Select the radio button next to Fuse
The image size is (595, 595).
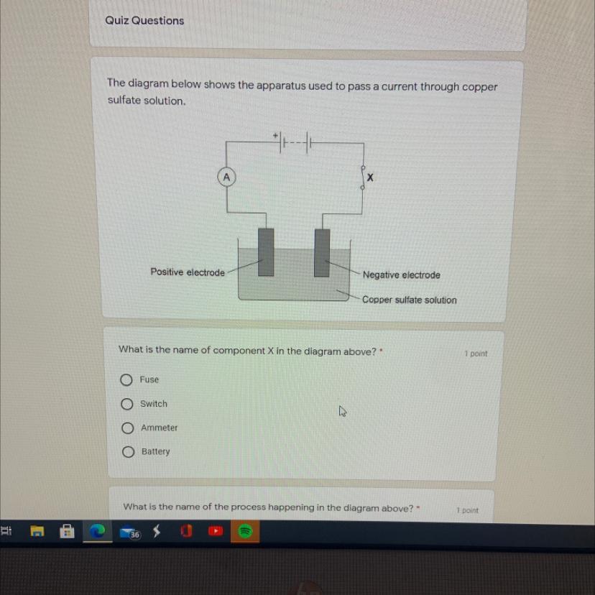[x=126, y=379]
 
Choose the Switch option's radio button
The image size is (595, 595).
[x=127, y=404]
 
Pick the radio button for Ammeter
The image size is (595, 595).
[x=127, y=428]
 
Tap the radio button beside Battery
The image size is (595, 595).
[x=128, y=451]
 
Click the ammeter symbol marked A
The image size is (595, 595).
[x=226, y=177]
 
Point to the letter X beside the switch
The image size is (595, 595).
[x=370, y=177]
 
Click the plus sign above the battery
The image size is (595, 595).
[x=275, y=135]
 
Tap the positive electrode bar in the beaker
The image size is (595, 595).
[x=266, y=252]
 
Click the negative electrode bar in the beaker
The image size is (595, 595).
[x=322, y=253]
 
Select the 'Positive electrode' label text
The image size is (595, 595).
[x=188, y=272]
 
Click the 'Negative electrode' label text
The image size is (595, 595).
[x=402, y=275]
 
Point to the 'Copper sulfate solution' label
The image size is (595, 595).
[x=410, y=300]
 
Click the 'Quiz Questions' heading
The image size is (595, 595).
[x=144, y=21]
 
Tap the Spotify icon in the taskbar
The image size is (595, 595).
[x=245, y=531]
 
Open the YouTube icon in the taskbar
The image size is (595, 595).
[x=216, y=531]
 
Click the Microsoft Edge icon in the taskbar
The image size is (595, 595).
[x=97, y=531]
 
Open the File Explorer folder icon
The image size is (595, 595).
[x=37, y=531]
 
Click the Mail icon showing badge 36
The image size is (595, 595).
[x=130, y=532]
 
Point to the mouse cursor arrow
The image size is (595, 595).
[x=342, y=411]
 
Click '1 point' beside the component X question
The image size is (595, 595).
[x=476, y=354]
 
